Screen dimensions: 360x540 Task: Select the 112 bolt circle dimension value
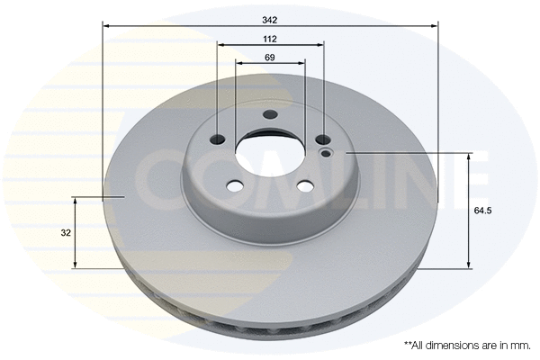[x=270, y=39]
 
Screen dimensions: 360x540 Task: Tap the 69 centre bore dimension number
[x=270, y=58]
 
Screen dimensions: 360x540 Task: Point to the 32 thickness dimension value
[x=66, y=232]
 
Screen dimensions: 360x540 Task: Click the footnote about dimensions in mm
[x=466, y=345]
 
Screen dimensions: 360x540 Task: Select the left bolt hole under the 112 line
[x=217, y=139]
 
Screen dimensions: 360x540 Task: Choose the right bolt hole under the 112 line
[x=322, y=139]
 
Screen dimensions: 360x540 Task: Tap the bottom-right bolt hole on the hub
[x=304, y=186]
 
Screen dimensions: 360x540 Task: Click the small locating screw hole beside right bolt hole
[x=326, y=154]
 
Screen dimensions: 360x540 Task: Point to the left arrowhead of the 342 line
[x=105, y=26]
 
